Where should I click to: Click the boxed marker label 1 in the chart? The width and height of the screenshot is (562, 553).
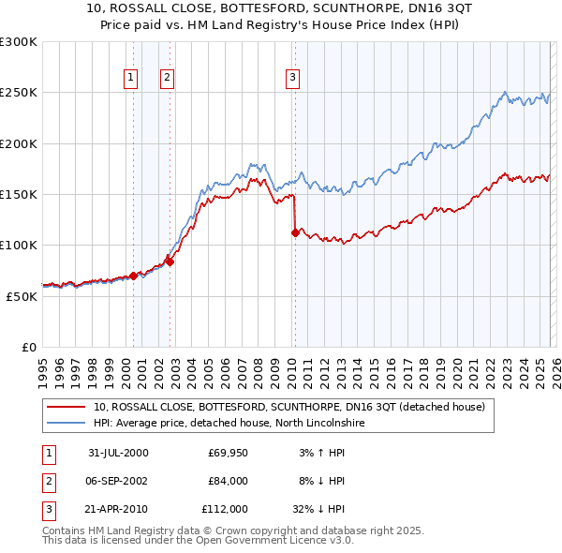coord(129,78)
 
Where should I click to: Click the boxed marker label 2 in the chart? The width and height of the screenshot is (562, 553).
coord(167,78)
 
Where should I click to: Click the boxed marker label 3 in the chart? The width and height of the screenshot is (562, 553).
coord(292,78)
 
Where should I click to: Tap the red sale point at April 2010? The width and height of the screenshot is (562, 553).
coord(295,233)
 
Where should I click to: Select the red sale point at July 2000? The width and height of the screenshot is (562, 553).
coord(134,276)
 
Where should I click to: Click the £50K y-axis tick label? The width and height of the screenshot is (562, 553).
coord(22,296)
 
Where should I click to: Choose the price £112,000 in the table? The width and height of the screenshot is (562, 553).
coord(224,510)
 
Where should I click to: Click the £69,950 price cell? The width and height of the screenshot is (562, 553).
coord(224,453)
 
